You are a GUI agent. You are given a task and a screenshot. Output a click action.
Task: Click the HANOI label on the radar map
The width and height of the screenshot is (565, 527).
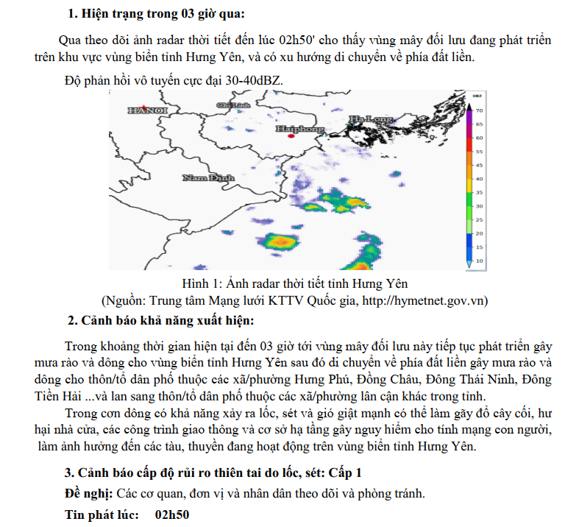click(x=148, y=110)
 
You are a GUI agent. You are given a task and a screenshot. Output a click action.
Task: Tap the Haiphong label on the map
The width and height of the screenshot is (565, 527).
click(x=300, y=129)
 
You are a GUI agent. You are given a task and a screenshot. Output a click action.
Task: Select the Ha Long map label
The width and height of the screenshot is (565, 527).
click(x=371, y=119)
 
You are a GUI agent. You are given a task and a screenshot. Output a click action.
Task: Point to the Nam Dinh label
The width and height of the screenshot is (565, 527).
click(x=208, y=177)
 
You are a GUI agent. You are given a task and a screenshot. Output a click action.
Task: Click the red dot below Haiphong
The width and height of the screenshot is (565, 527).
click(x=291, y=136)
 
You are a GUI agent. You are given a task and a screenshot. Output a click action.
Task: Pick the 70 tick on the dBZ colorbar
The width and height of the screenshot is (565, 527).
click(x=479, y=110)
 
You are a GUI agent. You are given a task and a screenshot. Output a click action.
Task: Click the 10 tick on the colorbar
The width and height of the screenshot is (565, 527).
click(x=479, y=261)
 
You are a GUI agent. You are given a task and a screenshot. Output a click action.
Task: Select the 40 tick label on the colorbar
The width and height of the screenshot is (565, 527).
click(x=479, y=179)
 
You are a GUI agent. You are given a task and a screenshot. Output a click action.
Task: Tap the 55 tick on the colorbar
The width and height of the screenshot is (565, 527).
click(x=479, y=152)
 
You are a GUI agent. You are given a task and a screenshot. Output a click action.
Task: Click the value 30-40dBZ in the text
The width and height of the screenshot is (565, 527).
click(x=254, y=80)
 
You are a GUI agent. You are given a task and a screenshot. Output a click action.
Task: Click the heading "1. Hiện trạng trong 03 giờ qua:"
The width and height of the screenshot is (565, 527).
click(x=157, y=14)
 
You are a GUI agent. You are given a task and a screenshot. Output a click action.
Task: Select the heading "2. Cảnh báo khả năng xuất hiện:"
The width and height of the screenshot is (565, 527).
click(x=161, y=320)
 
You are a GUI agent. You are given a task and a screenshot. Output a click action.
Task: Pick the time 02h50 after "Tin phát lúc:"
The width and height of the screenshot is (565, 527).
click(x=172, y=514)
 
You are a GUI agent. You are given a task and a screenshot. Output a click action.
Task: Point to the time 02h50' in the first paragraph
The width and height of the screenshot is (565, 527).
click(x=297, y=40)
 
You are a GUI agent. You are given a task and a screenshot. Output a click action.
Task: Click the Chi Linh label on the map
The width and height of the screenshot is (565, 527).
click(x=233, y=105)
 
